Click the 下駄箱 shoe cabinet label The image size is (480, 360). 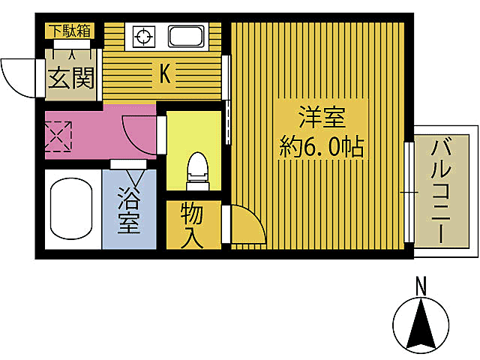(70, 31)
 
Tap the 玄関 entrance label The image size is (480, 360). (72, 77)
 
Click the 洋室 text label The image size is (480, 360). (322, 117)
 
